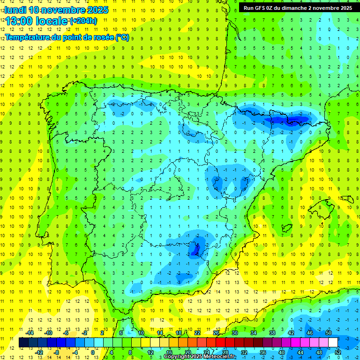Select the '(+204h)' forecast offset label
83,21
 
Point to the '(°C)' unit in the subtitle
122,37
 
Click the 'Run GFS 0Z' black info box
298,8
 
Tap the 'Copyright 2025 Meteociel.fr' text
200,357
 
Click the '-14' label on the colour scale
30,333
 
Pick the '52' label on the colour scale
338,352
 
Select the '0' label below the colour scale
92,352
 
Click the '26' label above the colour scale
216,333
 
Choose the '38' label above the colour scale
272,333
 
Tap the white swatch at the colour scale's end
333,343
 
